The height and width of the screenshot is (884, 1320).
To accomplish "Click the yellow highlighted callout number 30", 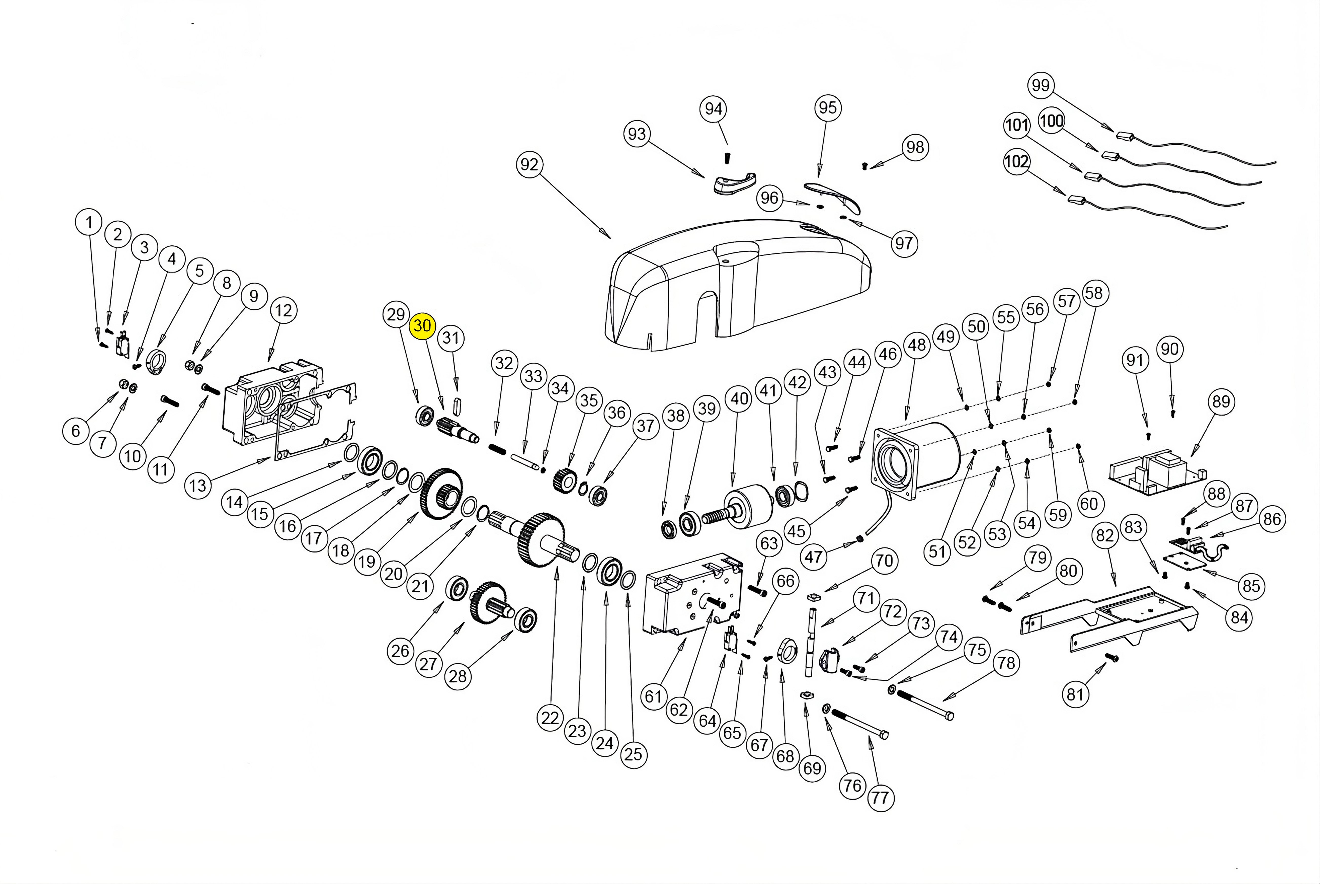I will point(422,326).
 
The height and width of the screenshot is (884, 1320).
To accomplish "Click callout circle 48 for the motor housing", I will point(917,344).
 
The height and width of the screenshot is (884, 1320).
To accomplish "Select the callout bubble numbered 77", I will point(880,798).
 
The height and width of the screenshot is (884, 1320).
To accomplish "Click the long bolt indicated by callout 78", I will point(924,705).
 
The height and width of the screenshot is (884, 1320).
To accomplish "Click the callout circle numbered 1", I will point(88,222).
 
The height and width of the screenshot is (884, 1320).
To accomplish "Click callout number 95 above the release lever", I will point(827,108).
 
